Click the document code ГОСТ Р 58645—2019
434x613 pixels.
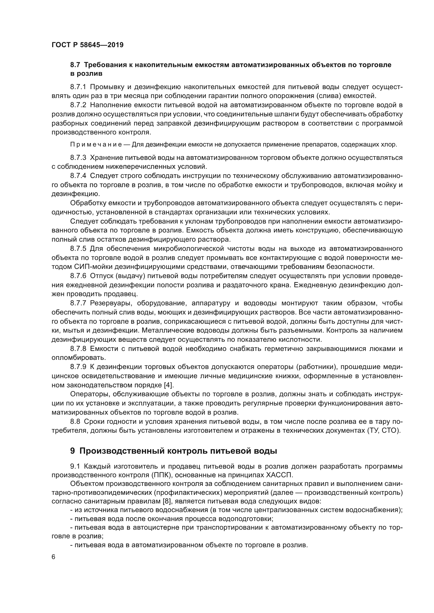pos(87,45)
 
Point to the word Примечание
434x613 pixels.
pos(96,145)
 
